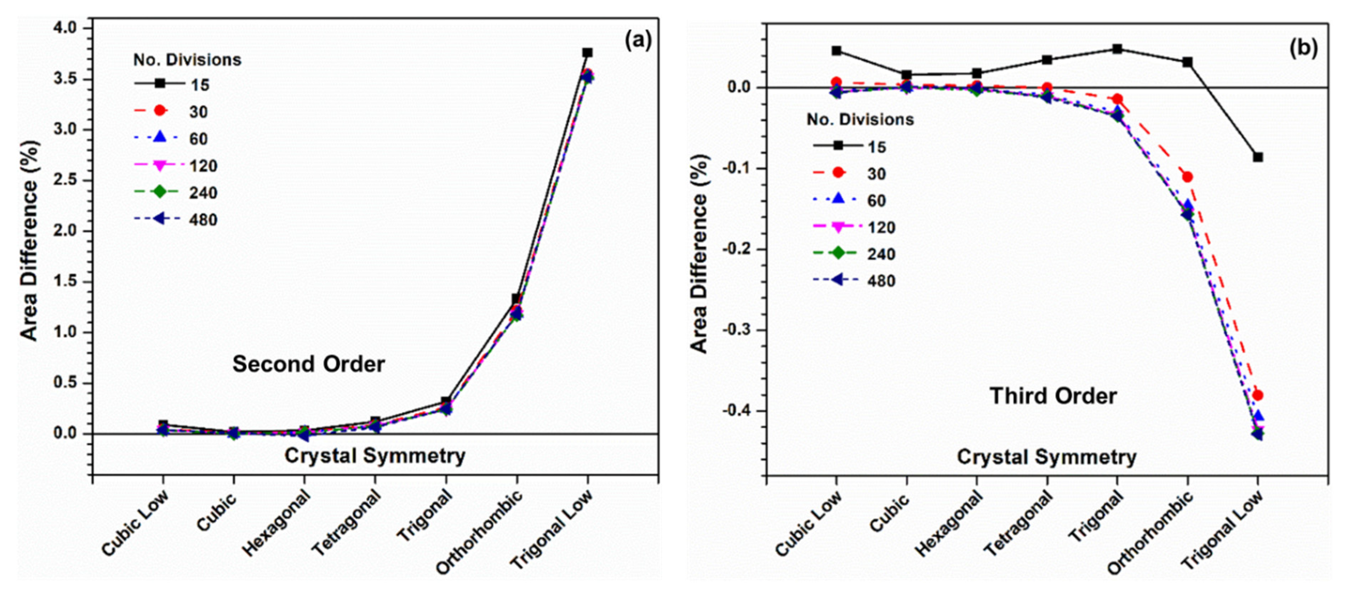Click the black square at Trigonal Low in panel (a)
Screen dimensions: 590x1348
tap(587, 53)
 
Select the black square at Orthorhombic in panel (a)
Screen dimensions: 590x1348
tap(516, 299)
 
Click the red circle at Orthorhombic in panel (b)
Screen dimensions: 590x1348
tap(1187, 177)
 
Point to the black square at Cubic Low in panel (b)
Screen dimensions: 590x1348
tap(837, 51)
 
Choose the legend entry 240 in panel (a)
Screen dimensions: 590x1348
tap(203, 193)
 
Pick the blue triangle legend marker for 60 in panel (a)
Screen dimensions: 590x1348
tap(160, 138)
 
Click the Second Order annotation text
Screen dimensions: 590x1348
tap(309, 364)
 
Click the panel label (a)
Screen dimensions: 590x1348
tap(638, 41)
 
